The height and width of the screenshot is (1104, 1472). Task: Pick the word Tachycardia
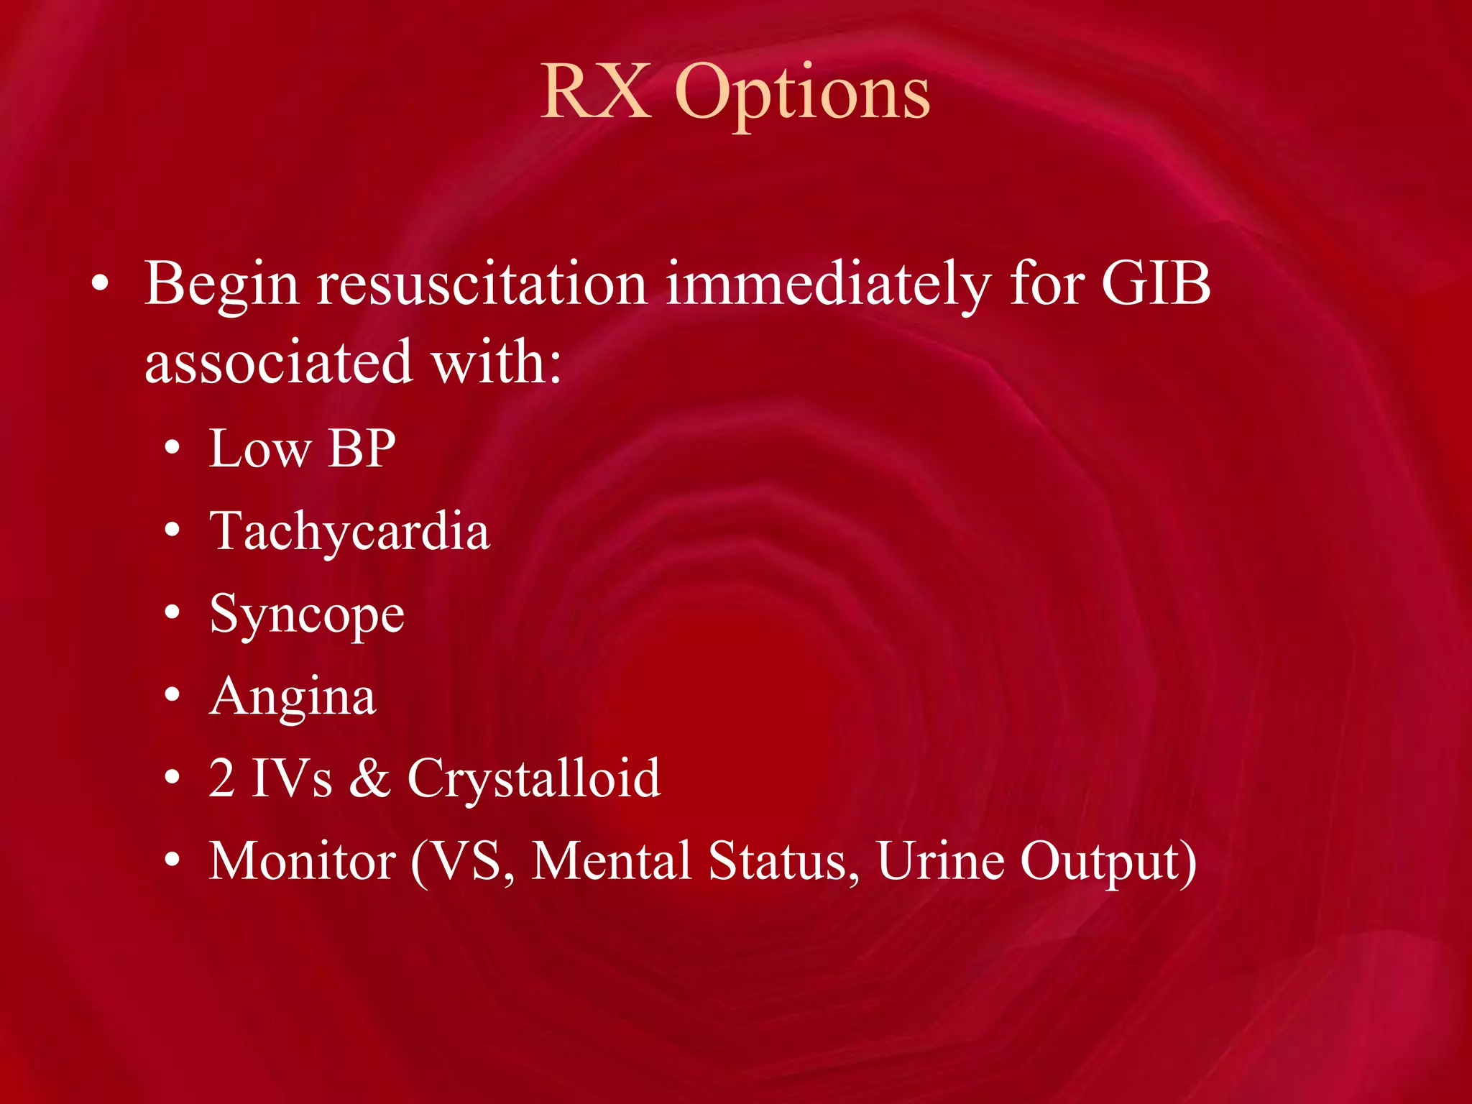(x=349, y=533)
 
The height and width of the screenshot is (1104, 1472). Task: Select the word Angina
(x=293, y=698)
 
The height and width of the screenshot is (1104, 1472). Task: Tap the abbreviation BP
(x=362, y=449)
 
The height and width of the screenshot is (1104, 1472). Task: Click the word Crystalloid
(x=533, y=779)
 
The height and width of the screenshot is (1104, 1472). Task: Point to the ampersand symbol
(x=369, y=779)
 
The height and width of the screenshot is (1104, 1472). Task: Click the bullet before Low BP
(x=172, y=450)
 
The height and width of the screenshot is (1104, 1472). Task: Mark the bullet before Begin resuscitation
(x=101, y=285)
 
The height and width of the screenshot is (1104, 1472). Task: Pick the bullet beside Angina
(x=172, y=696)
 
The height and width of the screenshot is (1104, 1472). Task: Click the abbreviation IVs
(x=291, y=779)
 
